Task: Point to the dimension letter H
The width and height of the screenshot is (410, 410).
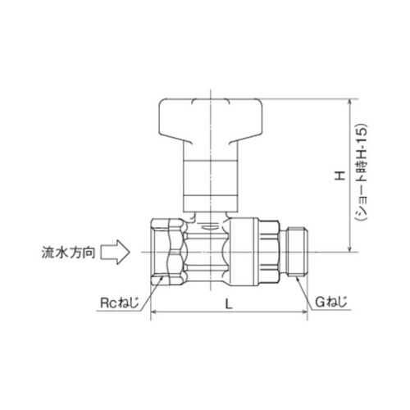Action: [335, 176]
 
